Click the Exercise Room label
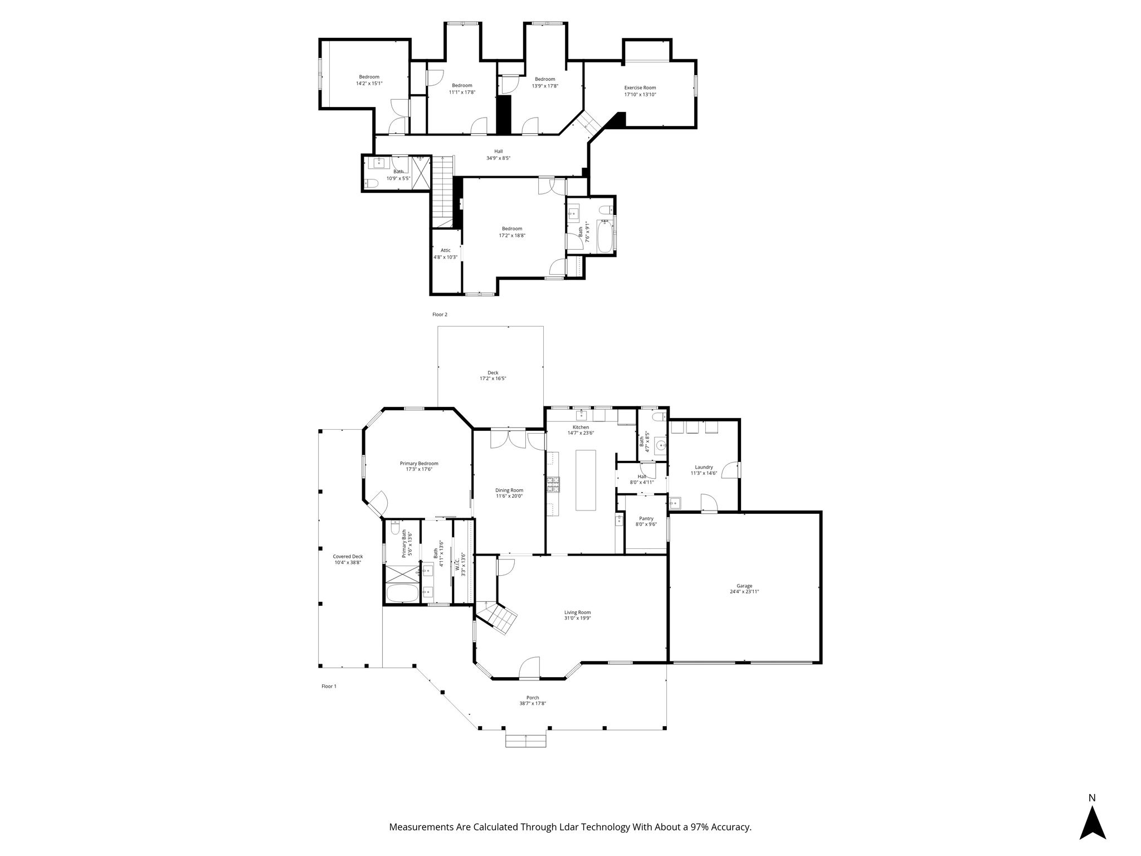tap(640, 87)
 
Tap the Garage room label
tap(744, 586)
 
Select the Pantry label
tap(646, 518)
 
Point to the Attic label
tap(445, 250)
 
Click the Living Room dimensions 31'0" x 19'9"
tap(577, 618)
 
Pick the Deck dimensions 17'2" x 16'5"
tap(493, 378)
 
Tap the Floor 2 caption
tap(440, 314)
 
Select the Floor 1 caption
tap(329, 686)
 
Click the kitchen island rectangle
tap(585, 480)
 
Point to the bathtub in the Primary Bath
tap(402, 593)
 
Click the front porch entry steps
tap(526, 741)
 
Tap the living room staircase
tap(498, 617)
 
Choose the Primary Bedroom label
tap(419, 463)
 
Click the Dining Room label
tap(509, 490)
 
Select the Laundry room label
tap(704, 467)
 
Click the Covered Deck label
tap(348, 556)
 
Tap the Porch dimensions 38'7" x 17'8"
tap(533, 703)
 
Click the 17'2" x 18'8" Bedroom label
tap(511, 228)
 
